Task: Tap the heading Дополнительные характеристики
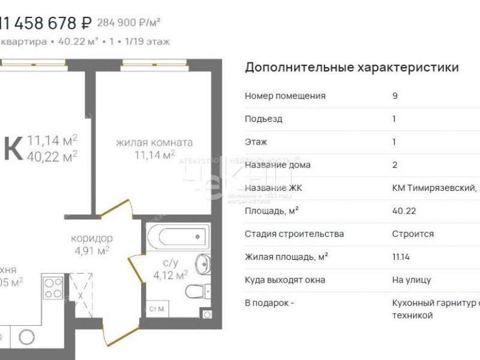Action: pos(352,67)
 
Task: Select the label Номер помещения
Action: pos(285,96)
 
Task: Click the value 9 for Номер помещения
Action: pos(395,96)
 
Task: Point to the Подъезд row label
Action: pos(263,119)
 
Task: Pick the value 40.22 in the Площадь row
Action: pos(404,211)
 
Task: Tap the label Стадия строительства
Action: pos(294,234)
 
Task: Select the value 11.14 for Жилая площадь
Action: pos(402,257)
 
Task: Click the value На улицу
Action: pos(412,280)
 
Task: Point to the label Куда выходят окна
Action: pos(285,280)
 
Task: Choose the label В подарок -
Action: pos(269,303)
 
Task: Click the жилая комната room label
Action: pos(154,143)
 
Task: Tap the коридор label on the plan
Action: pos(91,238)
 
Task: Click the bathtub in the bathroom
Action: pos(177,235)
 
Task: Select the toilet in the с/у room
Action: pos(196,292)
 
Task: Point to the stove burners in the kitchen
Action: pos(53,287)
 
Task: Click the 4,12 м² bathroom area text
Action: pos(170,275)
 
